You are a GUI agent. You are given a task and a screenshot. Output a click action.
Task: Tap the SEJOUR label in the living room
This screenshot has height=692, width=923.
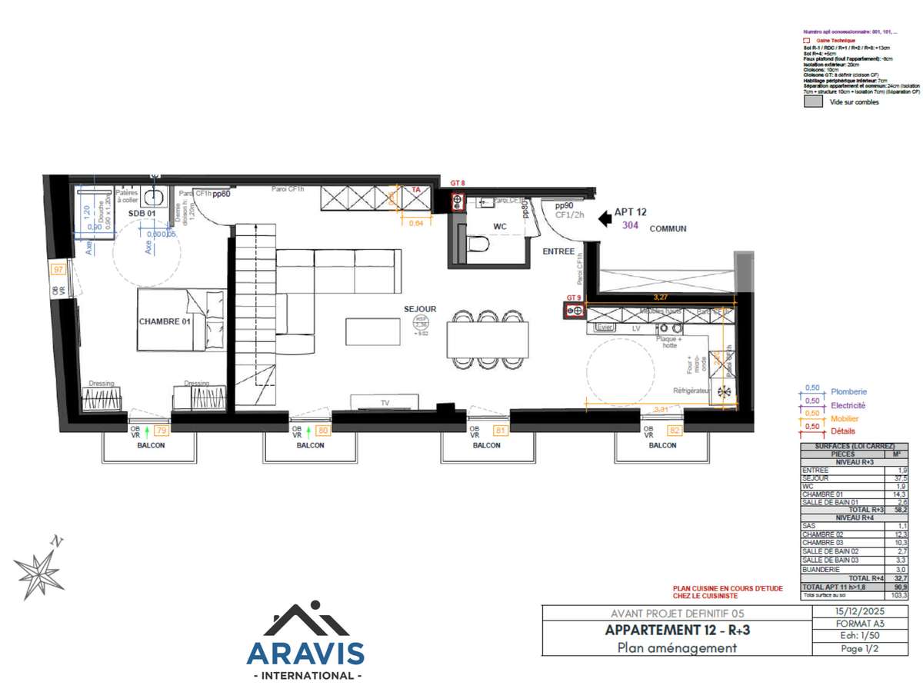click(420, 309)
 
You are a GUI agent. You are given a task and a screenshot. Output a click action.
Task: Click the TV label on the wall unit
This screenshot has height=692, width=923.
click(385, 402)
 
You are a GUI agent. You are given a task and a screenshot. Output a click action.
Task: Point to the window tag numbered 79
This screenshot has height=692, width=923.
click(162, 431)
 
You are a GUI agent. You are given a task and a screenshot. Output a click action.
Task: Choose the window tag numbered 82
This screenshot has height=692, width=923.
click(675, 431)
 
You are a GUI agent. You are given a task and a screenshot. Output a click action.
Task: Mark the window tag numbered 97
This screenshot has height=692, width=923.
click(58, 269)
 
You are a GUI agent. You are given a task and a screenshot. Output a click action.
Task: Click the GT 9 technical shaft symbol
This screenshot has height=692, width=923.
click(573, 310)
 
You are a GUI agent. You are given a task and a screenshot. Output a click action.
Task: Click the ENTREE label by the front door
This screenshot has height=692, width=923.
click(558, 251)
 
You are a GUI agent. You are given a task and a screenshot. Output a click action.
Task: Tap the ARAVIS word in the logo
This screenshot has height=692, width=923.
click(305, 653)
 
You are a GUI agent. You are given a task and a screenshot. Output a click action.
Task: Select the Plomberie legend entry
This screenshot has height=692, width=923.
click(848, 391)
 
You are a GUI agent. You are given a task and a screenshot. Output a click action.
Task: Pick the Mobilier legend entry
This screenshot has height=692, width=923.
click(845, 419)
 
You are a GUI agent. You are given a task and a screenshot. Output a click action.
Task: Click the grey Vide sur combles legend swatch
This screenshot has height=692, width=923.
click(811, 101)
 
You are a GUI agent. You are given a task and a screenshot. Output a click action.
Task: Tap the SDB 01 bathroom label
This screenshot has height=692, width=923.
click(142, 213)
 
